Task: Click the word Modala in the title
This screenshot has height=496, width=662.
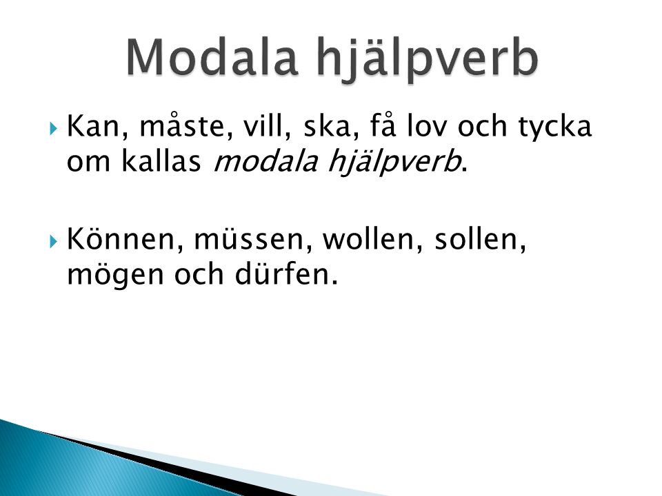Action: [211, 57]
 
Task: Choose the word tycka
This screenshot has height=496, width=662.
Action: [555, 127]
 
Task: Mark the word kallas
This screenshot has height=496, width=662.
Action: [161, 161]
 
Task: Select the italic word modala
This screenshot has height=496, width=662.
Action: [265, 161]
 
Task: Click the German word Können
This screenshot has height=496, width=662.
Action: [126, 238]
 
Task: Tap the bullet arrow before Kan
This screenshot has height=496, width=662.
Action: [53, 128]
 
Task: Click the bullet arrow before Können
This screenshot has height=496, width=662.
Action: [53, 242]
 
